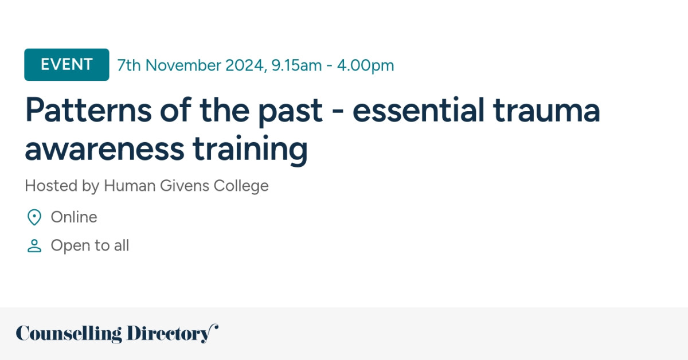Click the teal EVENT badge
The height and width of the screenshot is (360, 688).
point(67,65)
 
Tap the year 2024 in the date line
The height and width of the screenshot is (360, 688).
point(245,65)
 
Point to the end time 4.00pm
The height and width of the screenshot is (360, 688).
point(365,65)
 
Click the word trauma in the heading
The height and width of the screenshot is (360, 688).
point(547,111)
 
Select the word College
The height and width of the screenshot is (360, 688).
point(241,186)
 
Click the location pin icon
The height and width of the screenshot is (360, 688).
point(34,217)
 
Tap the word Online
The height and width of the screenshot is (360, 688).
point(74,217)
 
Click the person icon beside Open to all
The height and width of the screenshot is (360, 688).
point(34,246)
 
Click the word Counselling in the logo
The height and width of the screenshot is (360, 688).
point(69,334)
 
